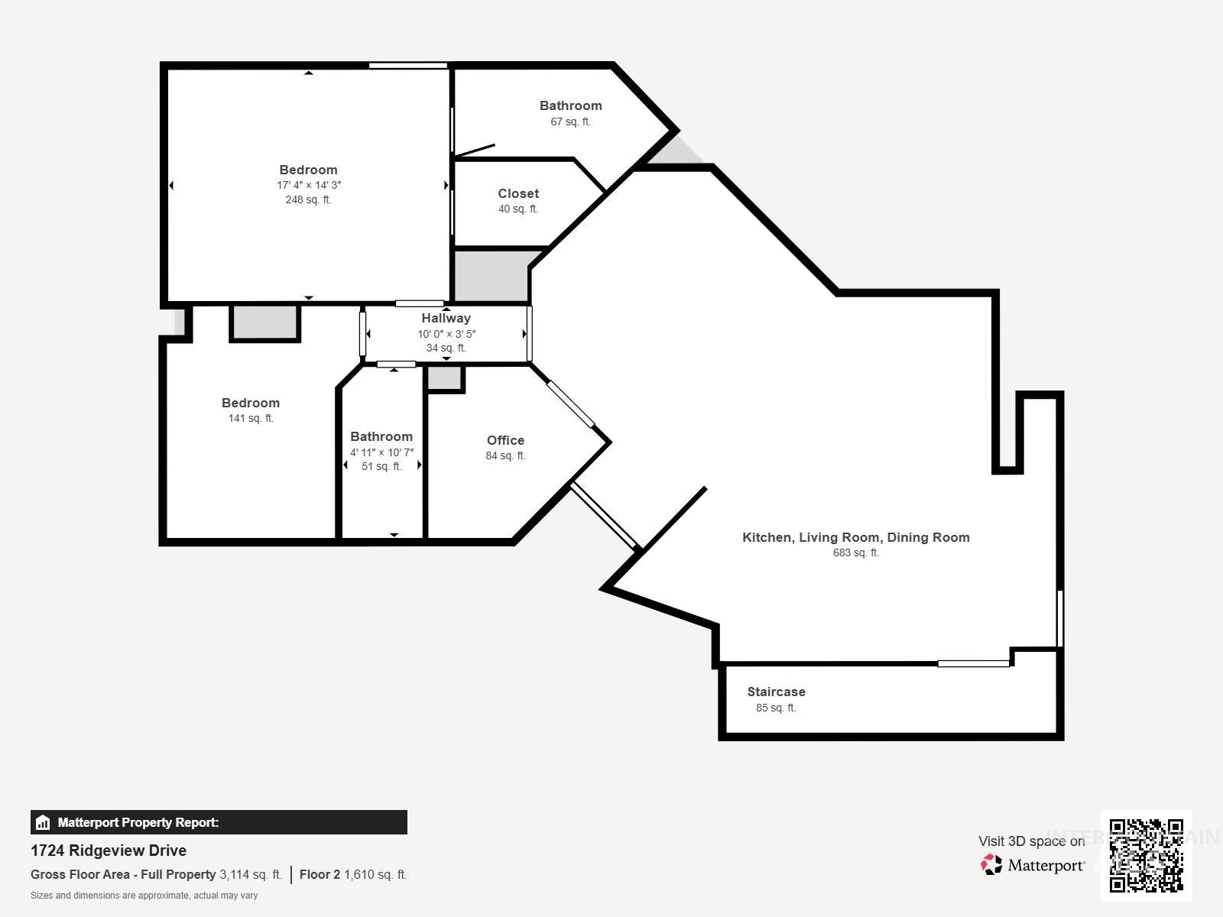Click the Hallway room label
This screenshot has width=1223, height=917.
446,318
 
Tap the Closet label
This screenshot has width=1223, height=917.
518,193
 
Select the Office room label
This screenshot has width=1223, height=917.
505,440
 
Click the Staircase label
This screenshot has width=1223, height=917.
776,692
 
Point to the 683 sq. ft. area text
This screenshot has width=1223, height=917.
855,552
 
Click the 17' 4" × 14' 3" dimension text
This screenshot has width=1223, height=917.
309,185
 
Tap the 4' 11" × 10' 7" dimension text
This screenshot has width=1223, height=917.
381,452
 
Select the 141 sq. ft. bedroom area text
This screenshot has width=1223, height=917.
251,418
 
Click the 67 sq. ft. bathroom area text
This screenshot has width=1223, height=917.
570,122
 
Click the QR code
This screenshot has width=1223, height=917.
1146,855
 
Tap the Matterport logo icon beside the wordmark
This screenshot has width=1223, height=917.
991,865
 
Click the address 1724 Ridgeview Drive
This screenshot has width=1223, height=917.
109,851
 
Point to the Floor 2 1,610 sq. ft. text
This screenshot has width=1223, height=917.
353,874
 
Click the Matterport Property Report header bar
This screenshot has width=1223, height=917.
219,822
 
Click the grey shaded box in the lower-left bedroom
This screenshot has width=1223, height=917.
264,322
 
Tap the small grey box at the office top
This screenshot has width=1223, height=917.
444,377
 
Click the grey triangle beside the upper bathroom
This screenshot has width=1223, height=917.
677,152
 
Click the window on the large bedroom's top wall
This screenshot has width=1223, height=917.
408,66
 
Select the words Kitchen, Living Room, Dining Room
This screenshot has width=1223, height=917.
855,537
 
